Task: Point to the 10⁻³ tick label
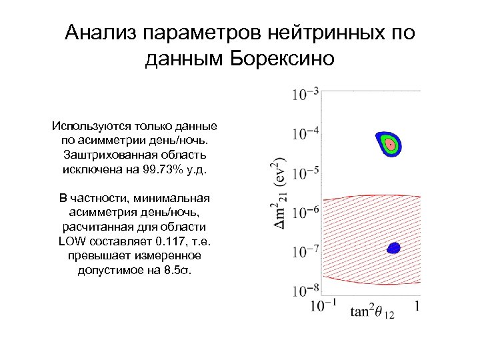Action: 305,93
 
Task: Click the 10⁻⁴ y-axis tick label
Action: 305,134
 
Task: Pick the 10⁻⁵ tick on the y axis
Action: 305,173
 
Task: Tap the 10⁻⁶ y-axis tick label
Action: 305,213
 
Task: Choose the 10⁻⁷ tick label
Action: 305,251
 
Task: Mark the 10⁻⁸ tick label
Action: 305,291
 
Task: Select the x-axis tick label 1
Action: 416,306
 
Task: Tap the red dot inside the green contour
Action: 389,143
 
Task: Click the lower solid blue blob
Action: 393,248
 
